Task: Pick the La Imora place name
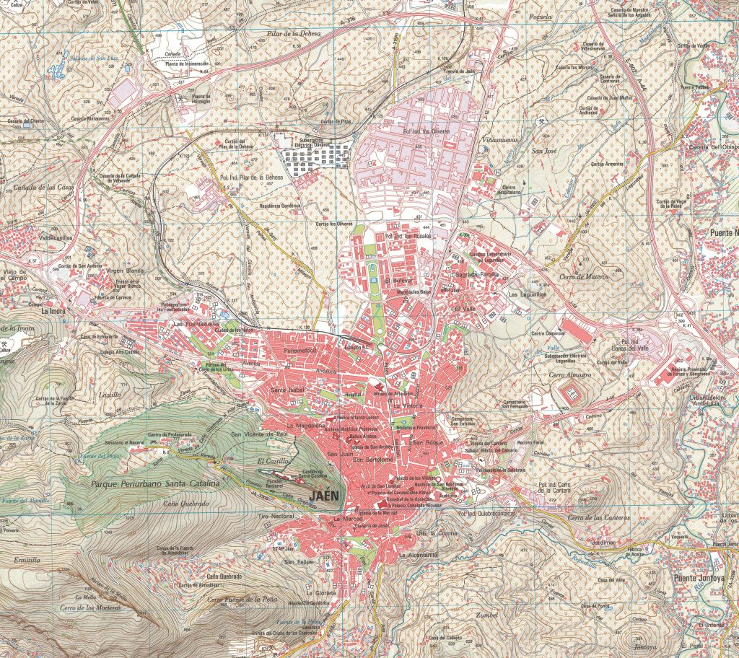click(53, 312)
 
